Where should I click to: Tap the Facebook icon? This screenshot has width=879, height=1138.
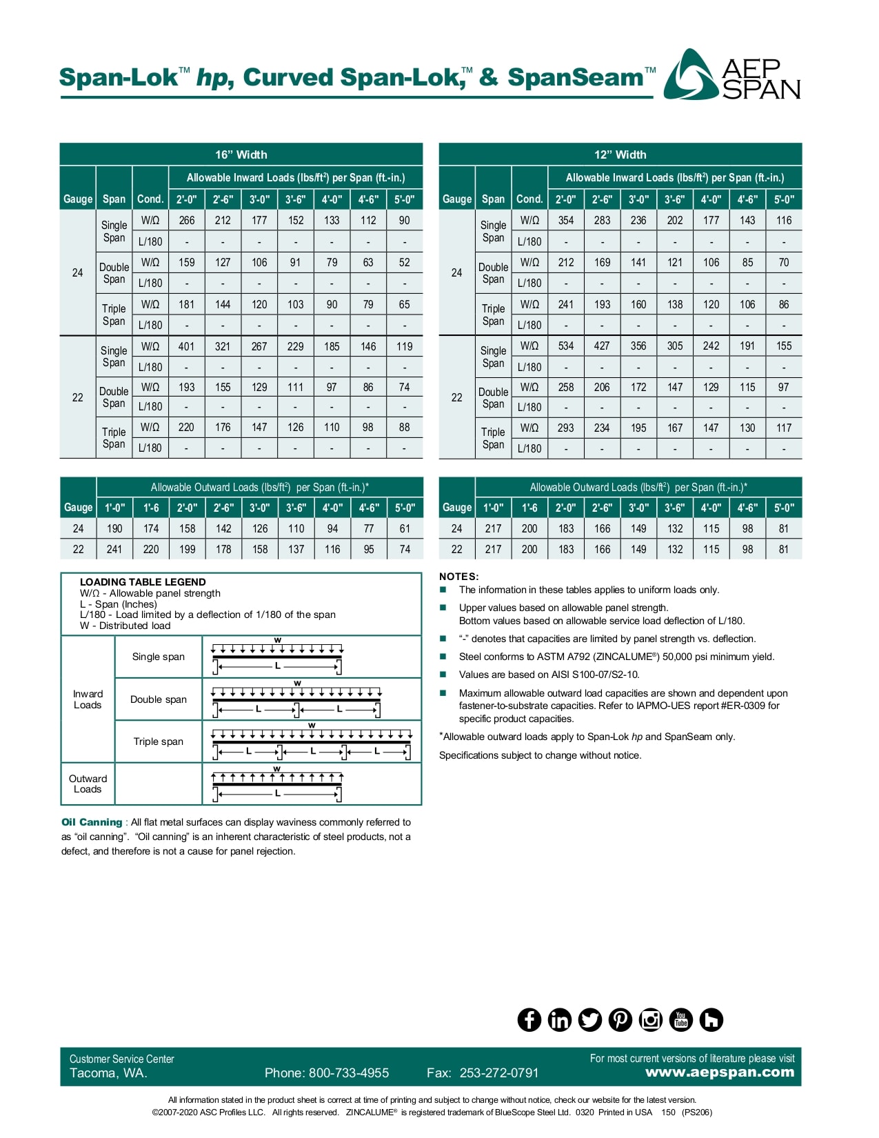pyautogui.click(x=529, y=1019)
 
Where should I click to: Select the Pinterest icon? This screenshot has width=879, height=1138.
pyautogui.click(x=620, y=1019)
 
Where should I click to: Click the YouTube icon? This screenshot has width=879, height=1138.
pyautogui.click(x=680, y=1019)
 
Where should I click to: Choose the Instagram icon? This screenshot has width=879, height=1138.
pyautogui.click(x=650, y=1019)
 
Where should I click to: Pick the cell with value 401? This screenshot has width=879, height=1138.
pyautogui.click(x=186, y=346)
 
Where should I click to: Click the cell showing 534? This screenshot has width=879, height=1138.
pyautogui.click(x=565, y=346)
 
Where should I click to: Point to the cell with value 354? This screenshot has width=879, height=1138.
pyautogui.click(x=565, y=220)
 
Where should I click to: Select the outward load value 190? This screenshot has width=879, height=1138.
pyautogui.click(x=114, y=528)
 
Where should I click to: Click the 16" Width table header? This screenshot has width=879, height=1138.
pyautogui.click(x=241, y=154)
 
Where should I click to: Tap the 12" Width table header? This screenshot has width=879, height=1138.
pyautogui.click(x=620, y=154)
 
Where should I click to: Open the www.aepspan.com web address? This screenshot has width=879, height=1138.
pyautogui.click(x=719, y=1072)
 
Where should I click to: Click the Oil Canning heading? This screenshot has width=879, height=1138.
pyautogui.click(x=92, y=822)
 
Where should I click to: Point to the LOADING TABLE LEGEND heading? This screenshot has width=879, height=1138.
pyautogui.click(x=143, y=582)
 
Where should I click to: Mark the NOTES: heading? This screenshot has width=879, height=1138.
pyautogui.click(x=458, y=577)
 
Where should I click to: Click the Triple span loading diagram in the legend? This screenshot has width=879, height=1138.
pyautogui.click(x=312, y=742)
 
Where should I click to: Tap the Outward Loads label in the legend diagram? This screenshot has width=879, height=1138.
pyautogui.click(x=88, y=784)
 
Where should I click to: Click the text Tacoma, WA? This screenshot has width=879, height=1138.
pyautogui.click(x=108, y=1073)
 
